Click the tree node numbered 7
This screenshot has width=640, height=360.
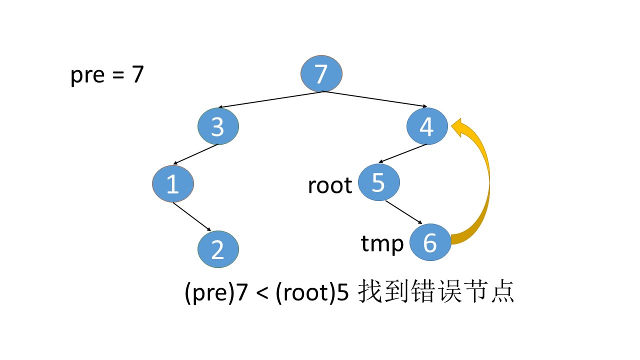coord(321,74)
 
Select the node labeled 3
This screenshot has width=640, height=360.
coord(217,127)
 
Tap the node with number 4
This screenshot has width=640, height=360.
coord(426,127)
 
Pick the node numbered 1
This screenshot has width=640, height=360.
coord(172,184)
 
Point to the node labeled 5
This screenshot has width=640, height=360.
coord(378,183)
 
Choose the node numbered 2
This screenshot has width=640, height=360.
coord(218,249)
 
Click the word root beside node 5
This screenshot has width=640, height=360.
coord(330,185)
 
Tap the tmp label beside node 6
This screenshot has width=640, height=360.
coord(382,244)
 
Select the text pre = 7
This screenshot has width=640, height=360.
coord(107,75)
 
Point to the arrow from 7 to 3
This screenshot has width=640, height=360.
coord(270,99)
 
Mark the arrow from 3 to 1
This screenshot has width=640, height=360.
coord(196,154)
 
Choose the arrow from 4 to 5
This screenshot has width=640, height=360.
coord(403,153)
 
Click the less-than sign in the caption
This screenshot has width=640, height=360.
coord(261,294)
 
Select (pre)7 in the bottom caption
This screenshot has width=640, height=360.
coord(216,294)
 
